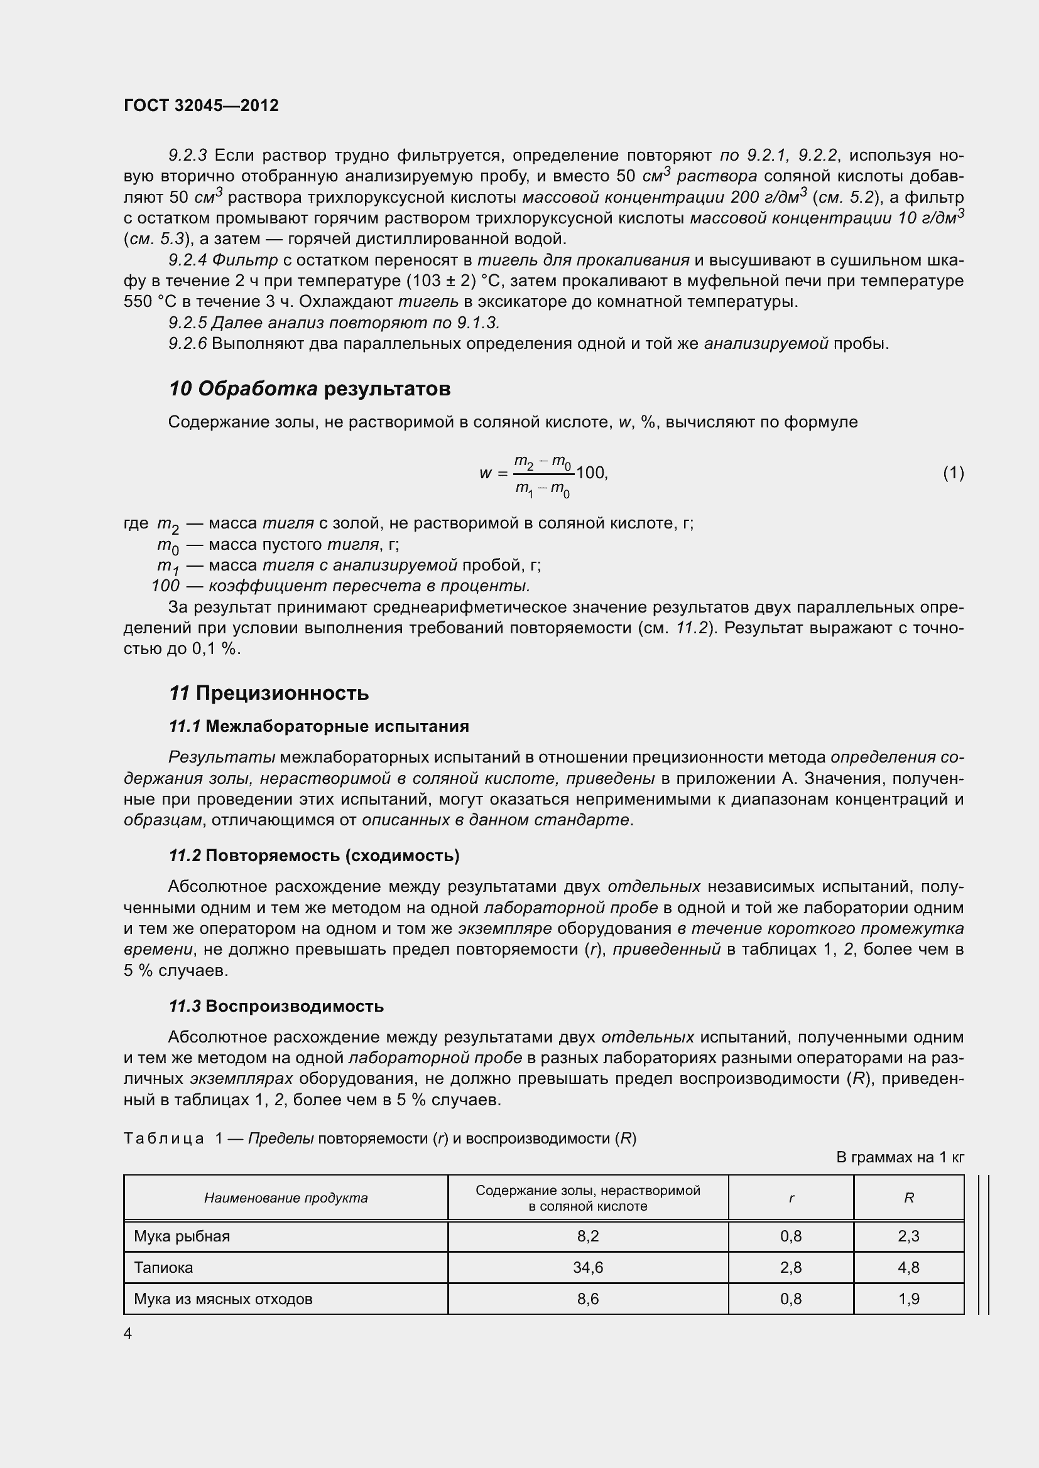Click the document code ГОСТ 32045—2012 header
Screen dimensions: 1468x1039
pos(201,105)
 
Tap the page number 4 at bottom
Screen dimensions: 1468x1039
pos(128,1333)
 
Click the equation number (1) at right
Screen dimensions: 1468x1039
pos(953,473)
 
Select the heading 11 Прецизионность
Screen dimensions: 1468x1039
pos(269,693)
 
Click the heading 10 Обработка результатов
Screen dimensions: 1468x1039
pos(309,388)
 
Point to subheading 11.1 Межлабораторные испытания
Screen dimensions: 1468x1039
pos(318,726)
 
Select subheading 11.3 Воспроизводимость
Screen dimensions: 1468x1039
pos(276,1005)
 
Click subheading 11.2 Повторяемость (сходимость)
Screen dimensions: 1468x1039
pos(313,855)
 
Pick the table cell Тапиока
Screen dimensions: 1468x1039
pos(163,1267)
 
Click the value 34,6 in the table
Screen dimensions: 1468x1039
pos(587,1267)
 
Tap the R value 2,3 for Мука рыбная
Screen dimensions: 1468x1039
pos(908,1236)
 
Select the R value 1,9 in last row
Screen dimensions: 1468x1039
pos(908,1299)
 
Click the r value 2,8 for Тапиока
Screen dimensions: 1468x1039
pos(791,1267)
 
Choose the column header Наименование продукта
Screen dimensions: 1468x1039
pos(285,1197)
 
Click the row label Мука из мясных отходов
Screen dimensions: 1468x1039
pos(222,1299)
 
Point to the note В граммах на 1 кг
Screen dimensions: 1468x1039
pos(900,1157)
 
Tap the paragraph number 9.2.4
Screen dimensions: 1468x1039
pos(187,260)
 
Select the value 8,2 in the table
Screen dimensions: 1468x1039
pos(587,1236)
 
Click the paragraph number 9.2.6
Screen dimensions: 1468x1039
pos(187,344)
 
